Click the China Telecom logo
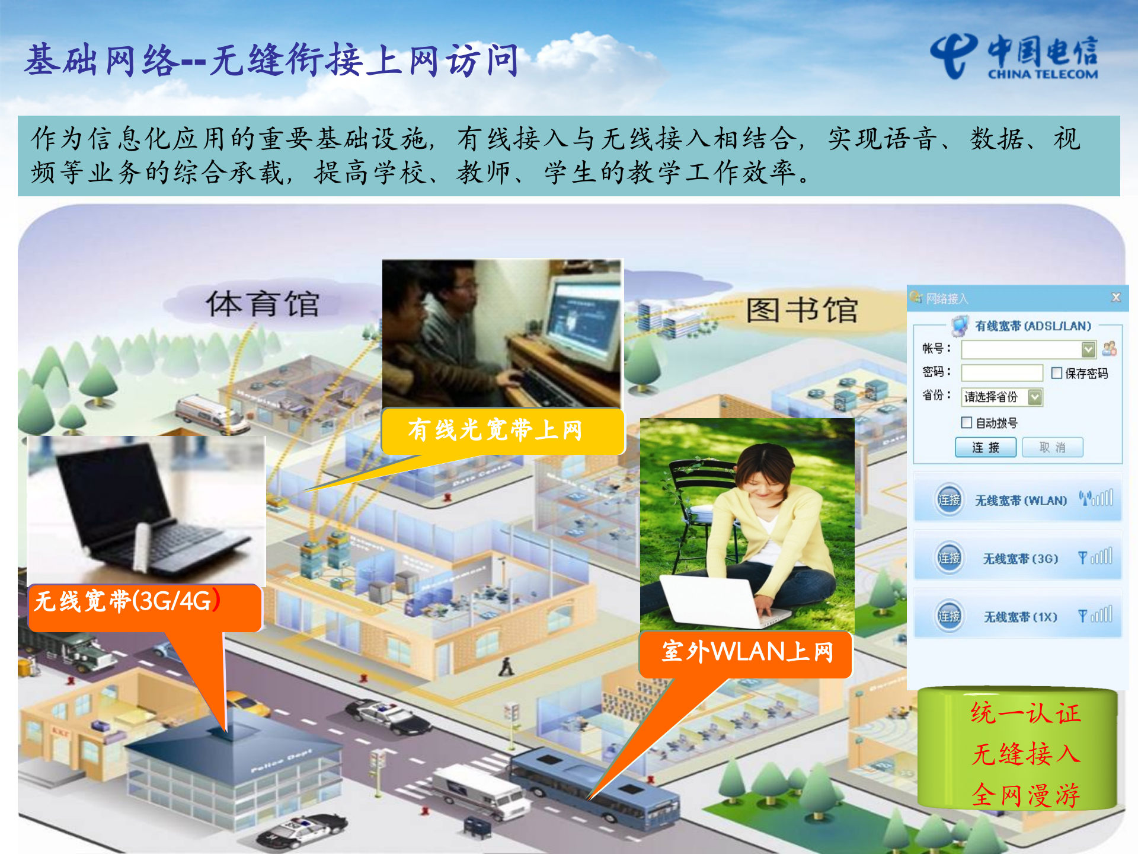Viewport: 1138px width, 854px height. click(x=1014, y=56)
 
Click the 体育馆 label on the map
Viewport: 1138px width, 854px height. click(x=262, y=304)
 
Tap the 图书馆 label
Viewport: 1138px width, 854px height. click(x=801, y=310)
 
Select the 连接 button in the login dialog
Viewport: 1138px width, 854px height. click(x=985, y=447)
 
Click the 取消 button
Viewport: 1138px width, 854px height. click(x=1052, y=447)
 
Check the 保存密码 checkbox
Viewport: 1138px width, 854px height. click(x=1056, y=373)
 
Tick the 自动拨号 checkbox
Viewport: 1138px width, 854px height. click(x=966, y=422)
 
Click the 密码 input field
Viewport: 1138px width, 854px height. click(x=1002, y=372)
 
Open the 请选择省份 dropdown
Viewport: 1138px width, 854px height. click(x=1035, y=397)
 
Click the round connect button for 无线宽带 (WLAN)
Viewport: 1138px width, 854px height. click(x=949, y=500)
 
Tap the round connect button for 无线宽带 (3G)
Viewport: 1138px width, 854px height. click(x=949, y=558)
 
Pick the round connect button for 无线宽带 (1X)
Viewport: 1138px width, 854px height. click(x=949, y=616)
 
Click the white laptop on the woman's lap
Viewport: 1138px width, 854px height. click(x=711, y=600)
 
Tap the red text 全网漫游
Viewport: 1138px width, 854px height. click(x=1025, y=795)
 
